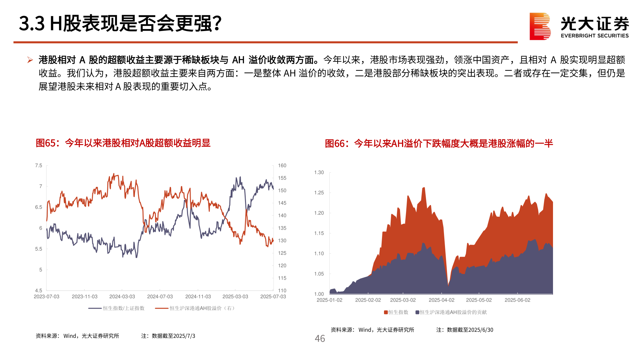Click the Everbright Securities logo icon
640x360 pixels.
pos(540,26)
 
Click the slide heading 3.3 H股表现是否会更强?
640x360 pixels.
pos(120,23)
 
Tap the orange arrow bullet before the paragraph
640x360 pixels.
pos(30,60)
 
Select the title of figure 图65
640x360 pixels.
pos(123,143)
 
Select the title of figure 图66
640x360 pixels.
pos(439,144)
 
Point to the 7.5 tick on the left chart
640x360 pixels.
pos(39,166)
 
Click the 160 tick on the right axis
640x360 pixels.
pos(282,166)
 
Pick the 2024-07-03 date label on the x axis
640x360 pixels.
pos(160,297)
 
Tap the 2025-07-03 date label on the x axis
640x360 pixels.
pos(273,297)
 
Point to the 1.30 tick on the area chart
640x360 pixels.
pos(319,172)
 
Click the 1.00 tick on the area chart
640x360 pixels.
pos(319,294)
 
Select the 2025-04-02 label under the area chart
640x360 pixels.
pos(441,300)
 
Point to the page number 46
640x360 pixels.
pos(320,339)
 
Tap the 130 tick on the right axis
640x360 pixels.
pos(282,241)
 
